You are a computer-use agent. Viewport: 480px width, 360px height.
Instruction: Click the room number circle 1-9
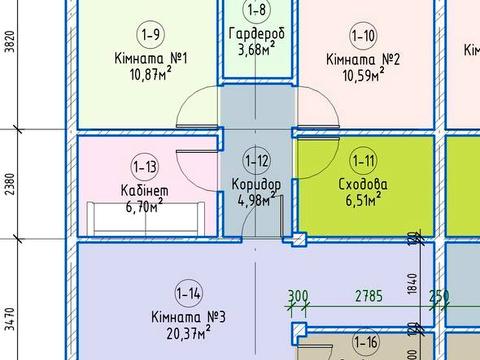click(x=151, y=34)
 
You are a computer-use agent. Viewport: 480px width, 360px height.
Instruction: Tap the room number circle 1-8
click(x=257, y=10)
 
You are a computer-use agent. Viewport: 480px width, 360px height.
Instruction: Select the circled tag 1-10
click(x=363, y=35)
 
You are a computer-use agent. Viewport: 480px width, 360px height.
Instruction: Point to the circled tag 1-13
click(x=145, y=166)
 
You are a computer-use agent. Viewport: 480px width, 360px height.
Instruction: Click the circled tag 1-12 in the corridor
click(x=256, y=161)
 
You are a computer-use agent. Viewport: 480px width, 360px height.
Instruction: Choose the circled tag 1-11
click(x=363, y=161)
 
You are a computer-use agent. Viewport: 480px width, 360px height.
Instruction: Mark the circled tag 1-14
click(x=189, y=293)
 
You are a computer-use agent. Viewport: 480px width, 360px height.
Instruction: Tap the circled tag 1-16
click(x=366, y=342)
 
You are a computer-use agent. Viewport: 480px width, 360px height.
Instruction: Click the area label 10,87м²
click(x=151, y=74)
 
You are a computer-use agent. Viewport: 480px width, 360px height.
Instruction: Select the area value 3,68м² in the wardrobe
click(x=257, y=49)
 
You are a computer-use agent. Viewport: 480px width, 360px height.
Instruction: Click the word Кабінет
click(x=145, y=191)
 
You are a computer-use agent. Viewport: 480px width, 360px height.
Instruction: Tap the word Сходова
click(x=363, y=184)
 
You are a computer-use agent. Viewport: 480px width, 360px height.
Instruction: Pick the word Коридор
click(x=256, y=185)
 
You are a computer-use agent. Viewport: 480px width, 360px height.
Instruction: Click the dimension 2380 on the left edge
click(x=11, y=184)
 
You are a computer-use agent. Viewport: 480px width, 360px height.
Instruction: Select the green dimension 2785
click(x=369, y=296)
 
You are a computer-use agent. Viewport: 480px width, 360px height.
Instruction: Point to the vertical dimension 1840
click(x=412, y=284)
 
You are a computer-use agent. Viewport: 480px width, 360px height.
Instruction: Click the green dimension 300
click(x=298, y=296)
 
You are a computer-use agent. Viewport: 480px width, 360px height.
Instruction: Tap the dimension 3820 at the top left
click(x=10, y=42)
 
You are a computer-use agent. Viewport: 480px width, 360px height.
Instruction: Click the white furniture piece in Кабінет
click(x=146, y=218)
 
